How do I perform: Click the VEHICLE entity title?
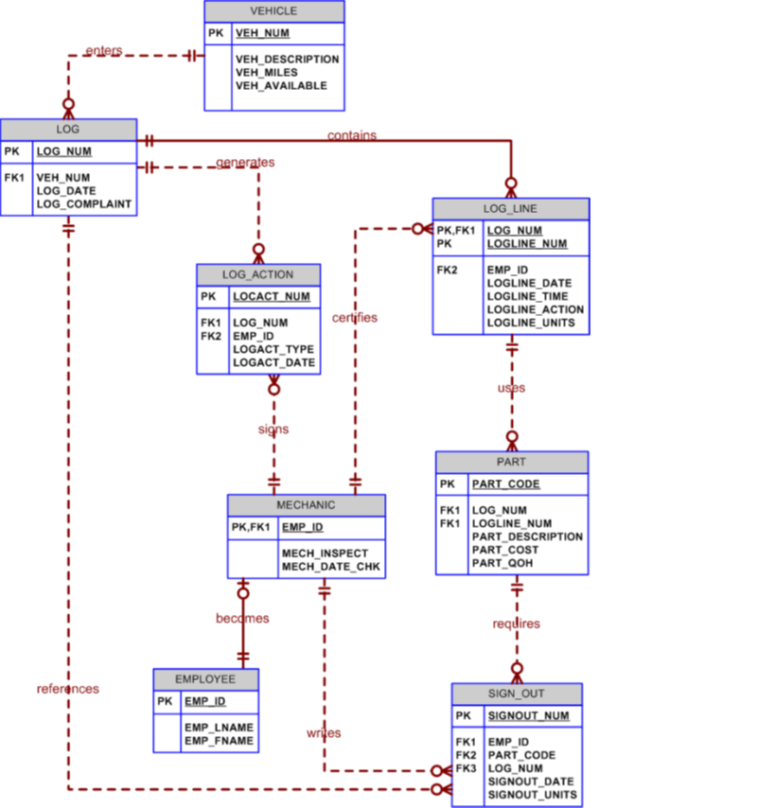[273, 11]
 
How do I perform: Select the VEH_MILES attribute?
[266, 73]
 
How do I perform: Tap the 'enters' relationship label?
[103, 50]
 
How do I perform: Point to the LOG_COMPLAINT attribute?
[83, 204]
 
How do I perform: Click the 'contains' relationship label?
[352, 135]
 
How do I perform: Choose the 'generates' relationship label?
[245, 162]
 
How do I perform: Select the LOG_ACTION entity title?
[257, 274]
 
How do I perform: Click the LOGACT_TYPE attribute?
[273, 350]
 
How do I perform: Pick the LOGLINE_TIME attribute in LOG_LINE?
[530, 296]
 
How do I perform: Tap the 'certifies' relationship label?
[355, 318]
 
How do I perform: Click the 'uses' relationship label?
[511, 388]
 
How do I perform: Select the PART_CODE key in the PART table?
[505, 484]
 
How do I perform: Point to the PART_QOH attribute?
[502, 563]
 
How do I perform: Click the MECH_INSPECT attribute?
[325, 553]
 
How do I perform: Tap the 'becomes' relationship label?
[242, 619]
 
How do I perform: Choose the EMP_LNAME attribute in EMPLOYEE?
[219, 728]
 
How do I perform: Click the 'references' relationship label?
[68, 689]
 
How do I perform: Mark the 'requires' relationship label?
[517, 624]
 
